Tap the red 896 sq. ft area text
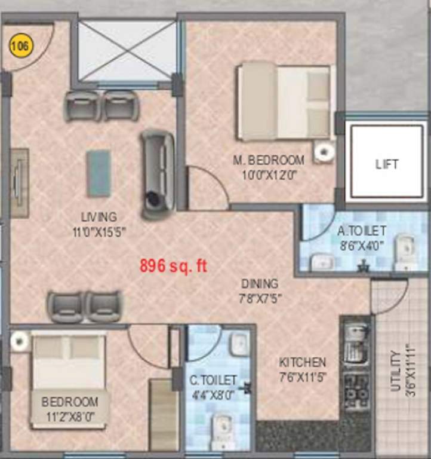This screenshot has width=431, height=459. click(x=173, y=266)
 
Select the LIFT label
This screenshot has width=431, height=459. click(x=387, y=164)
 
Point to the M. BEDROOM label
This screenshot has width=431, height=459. click(x=268, y=160)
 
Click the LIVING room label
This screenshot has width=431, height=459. click(x=99, y=216)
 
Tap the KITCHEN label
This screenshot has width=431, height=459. click(x=303, y=362)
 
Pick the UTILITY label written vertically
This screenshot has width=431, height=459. click(x=395, y=371)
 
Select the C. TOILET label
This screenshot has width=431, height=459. click(x=213, y=380)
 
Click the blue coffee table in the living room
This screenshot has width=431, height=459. click(x=98, y=173)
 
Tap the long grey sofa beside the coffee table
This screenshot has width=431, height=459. click(x=157, y=173)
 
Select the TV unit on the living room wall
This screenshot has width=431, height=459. click(x=19, y=182)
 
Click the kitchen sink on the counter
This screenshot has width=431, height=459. click(x=356, y=343)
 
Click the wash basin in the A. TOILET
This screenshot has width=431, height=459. click(x=322, y=261)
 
